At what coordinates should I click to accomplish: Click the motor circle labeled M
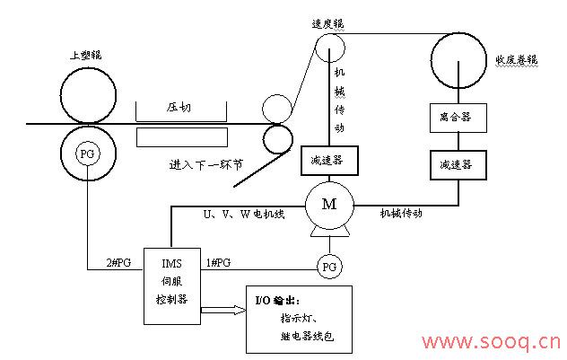pos(329,206)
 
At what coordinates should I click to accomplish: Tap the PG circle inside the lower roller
pos(87,154)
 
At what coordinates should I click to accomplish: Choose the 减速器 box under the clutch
pos(457,166)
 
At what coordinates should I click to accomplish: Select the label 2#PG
pos(118,262)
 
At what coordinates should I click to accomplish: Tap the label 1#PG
pos(218,262)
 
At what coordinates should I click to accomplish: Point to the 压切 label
pos(179,107)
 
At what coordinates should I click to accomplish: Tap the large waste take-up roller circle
pos(458,59)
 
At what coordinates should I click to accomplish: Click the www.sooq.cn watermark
pos(492,342)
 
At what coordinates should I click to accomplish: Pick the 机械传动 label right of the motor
pos(401,214)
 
